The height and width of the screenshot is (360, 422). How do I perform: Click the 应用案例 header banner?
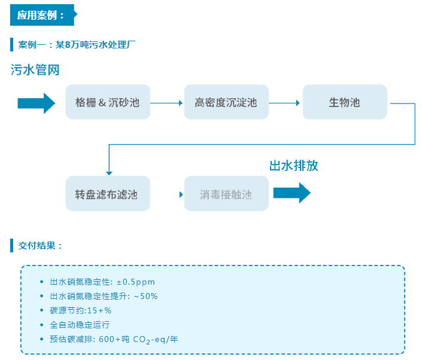coord(42,15)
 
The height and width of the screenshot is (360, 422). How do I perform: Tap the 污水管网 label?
coord(35,70)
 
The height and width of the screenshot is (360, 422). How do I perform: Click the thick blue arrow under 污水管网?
coord(36,102)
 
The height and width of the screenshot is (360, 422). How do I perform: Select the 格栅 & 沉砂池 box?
coord(108,102)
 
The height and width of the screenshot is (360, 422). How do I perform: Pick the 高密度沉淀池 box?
coord(226,102)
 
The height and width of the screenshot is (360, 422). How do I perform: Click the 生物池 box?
coord(344,102)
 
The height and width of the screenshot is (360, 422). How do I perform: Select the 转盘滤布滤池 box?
coord(108,194)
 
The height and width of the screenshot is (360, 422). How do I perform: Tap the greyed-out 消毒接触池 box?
coord(226,194)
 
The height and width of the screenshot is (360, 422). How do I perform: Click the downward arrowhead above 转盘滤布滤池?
coord(109,170)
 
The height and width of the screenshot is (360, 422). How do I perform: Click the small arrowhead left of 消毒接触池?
coord(180,194)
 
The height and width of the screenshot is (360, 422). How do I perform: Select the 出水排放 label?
coord(293,166)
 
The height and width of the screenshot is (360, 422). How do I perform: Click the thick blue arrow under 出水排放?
coord(292,193)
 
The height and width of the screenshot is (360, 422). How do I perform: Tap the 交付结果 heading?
coord(40,245)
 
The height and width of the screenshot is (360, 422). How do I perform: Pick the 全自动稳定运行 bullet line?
coord(80,325)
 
